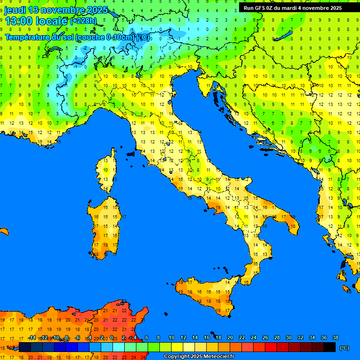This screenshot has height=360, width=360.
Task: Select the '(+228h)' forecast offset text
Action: point(83,21)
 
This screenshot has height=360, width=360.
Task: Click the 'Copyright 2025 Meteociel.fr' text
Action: point(199,357)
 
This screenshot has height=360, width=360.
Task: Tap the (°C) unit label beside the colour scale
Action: point(345,348)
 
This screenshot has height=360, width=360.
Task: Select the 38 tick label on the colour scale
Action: point(335,337)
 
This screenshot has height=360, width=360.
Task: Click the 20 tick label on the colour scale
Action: point(230,337)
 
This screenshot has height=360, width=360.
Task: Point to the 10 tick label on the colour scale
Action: point(172,337)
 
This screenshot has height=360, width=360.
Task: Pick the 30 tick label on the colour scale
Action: point(288,337)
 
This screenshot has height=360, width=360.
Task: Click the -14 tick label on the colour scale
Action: point(32,337)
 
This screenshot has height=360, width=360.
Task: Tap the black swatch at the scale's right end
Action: point(330,347)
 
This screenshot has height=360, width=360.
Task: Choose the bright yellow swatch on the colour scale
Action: point(177,347)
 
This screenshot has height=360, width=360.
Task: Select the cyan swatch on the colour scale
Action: point(119,347)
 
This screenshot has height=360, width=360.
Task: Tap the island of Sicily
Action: point(206,293)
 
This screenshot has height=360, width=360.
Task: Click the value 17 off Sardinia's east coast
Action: point(124,217)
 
